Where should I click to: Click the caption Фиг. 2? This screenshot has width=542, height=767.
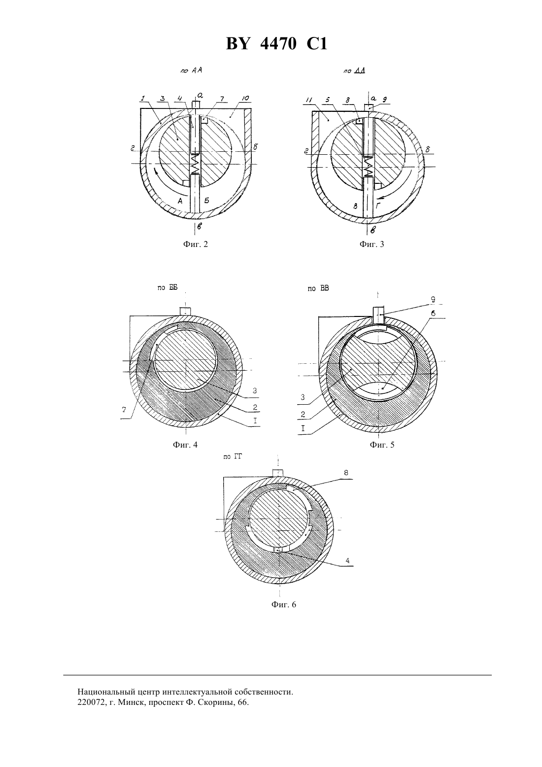(x=196, y=244)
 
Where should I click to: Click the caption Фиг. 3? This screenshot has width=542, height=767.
(x=372, y=244)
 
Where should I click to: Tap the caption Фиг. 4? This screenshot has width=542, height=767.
(x=185, y=445)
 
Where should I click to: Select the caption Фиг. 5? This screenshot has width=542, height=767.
(x=382, y=445)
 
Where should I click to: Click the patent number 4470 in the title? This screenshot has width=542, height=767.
(x=278, y=44)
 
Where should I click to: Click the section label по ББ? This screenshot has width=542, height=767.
(x=168, y=288)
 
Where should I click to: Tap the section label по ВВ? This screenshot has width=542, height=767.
(x=318, y=288)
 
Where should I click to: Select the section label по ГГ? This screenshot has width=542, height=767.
(x=233, y=456)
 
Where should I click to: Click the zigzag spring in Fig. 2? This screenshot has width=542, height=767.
(x=196, y=164)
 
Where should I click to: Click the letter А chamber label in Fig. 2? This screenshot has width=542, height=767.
(x=180, y=201)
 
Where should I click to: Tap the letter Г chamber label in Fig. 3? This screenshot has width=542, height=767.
(x=378, y=206)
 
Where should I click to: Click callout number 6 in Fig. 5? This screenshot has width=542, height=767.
(x=433, y=314)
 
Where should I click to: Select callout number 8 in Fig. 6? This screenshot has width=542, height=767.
(x=346, y=473)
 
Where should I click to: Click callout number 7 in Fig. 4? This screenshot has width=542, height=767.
(x=124, y=410)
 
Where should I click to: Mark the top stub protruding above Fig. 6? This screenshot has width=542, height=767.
(x=278, y=473)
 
